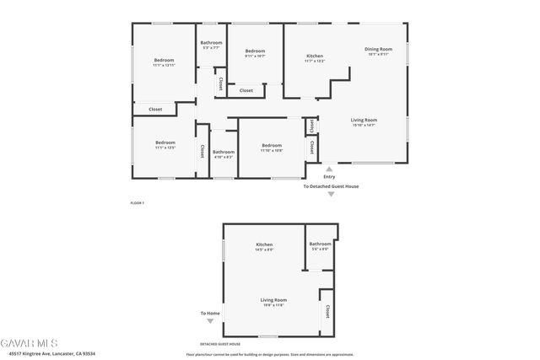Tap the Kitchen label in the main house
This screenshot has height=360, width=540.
click(314, 56)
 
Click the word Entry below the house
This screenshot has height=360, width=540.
click(329, 176)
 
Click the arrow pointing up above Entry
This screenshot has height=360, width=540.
click(329, 168)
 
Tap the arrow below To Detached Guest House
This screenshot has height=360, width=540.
click(331, 194)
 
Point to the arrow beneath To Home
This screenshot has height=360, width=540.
click(210, 320)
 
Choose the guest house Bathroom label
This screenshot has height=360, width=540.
click(320, 244)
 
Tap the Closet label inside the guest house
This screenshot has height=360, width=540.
click(327, 311)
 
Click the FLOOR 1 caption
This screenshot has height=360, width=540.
click(138, 203)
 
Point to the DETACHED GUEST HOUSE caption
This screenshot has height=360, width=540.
click(220, 344)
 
